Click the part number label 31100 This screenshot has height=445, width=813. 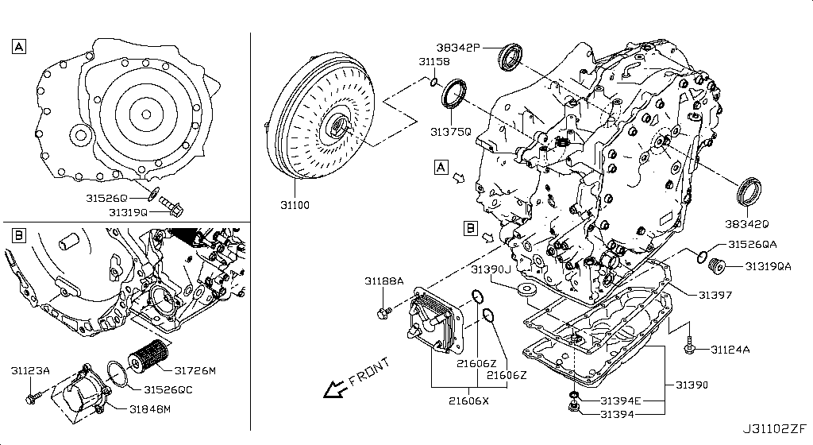[294, 205]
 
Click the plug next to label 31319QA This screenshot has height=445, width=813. [720, 266]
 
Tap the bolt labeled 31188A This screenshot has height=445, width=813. [385, 311]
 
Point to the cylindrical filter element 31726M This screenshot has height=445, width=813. [148, 355]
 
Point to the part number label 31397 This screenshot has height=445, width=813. [715, 295]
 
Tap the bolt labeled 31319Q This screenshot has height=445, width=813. [171, 206]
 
